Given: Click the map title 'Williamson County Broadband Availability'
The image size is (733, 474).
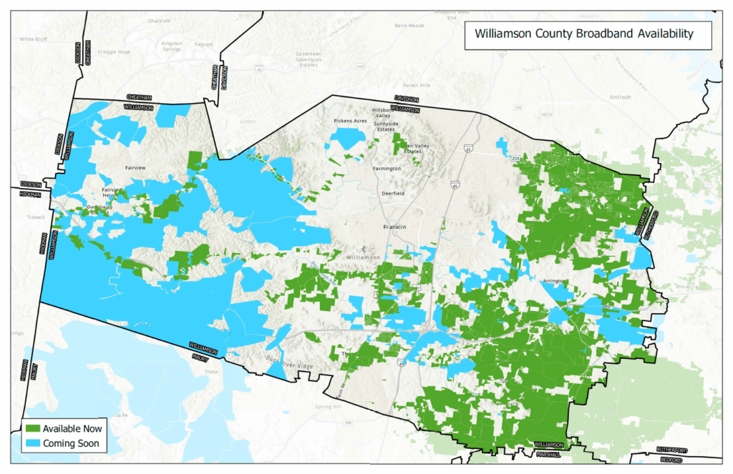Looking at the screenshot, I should [583, 34].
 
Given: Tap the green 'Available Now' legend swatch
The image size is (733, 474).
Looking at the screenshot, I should [33, 429].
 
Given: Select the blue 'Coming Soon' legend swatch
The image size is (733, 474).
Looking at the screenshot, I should [33, 444].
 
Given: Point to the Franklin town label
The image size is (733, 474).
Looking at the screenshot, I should [394, 227].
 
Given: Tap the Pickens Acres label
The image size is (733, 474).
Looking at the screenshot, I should [350, 121].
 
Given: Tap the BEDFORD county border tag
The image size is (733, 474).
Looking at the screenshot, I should [672, 460].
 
